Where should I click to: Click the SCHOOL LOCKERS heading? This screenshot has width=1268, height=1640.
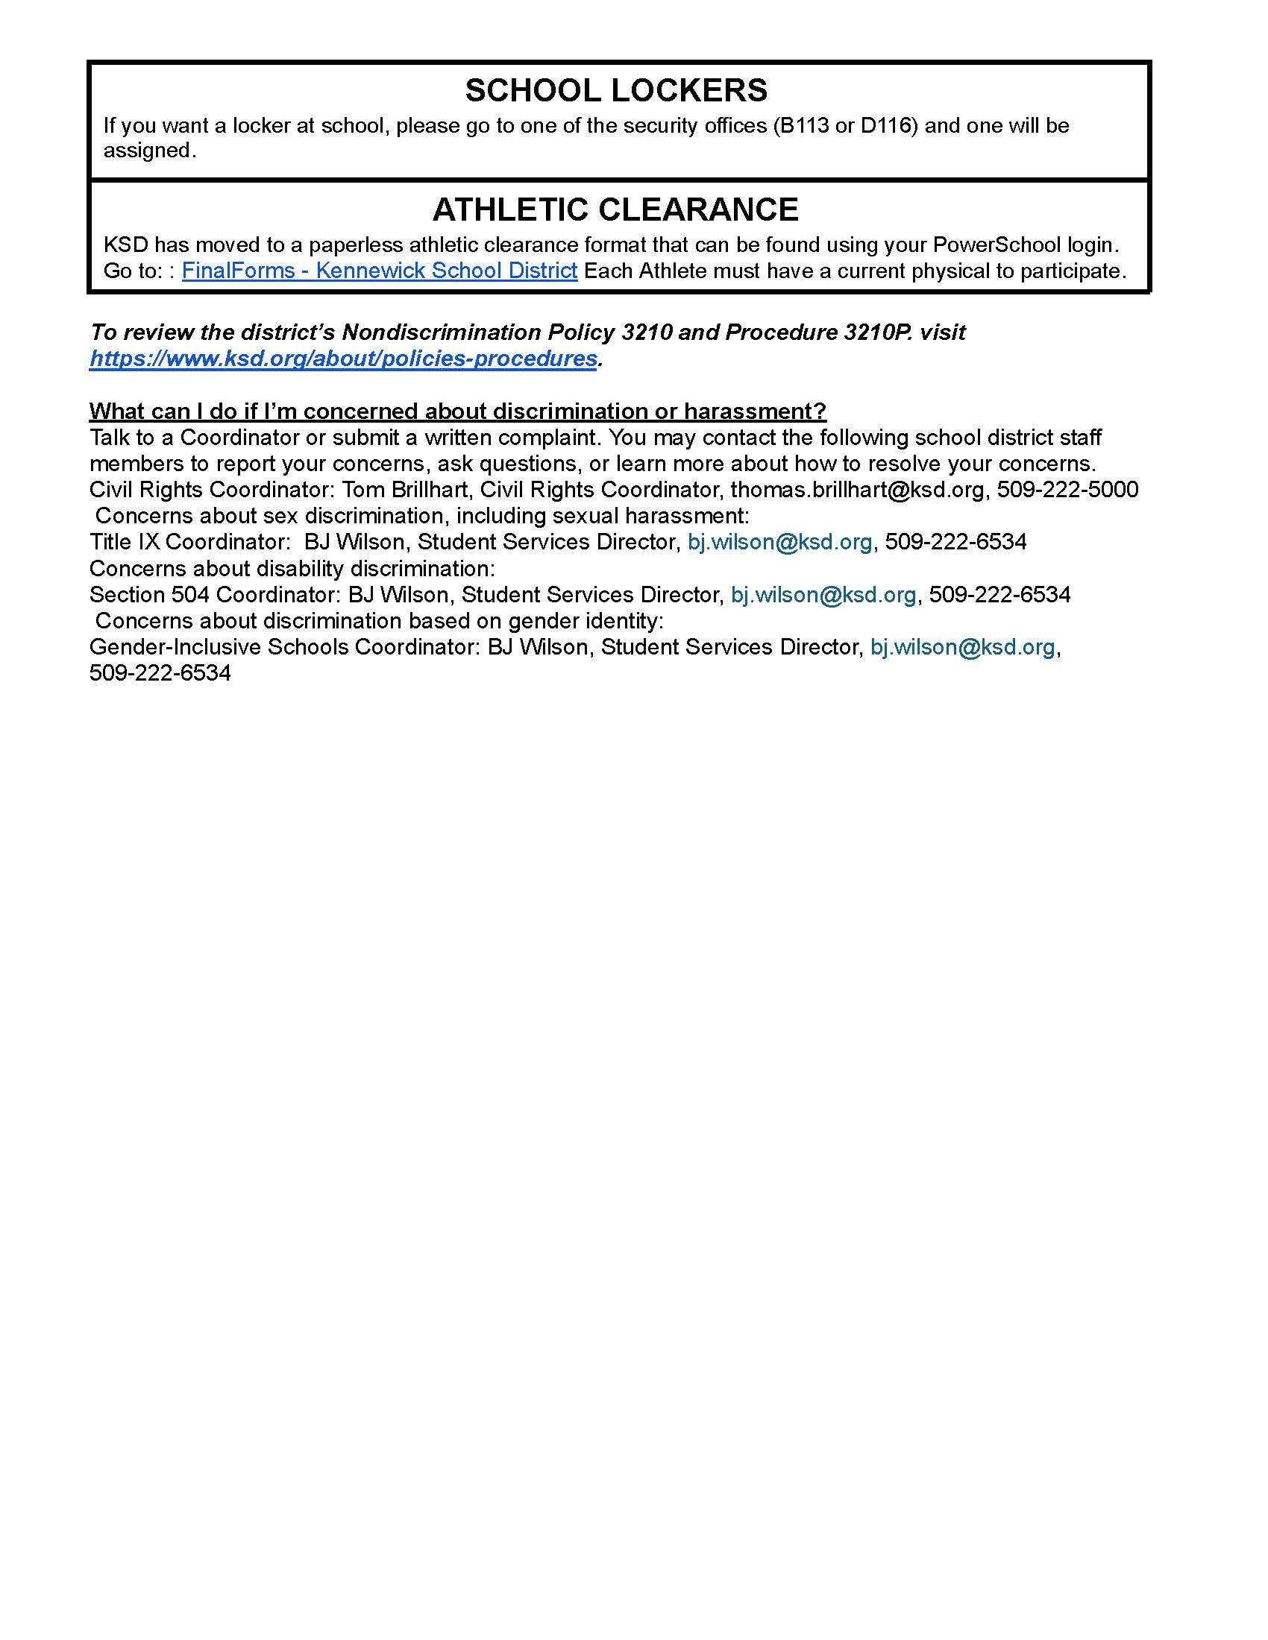616,91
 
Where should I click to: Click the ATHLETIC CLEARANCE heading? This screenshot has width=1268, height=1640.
615,209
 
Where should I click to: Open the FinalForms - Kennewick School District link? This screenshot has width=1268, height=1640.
380,271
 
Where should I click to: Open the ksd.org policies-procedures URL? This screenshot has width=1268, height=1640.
343,358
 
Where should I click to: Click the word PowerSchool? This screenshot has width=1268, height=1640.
996,245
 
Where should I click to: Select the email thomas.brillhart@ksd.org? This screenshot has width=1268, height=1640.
857,490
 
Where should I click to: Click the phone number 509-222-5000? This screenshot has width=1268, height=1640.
1067,490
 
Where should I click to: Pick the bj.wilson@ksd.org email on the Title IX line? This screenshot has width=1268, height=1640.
779,542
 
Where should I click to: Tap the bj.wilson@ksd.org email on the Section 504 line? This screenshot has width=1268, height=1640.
823,595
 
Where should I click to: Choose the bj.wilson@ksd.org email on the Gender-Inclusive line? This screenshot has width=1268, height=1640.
962,646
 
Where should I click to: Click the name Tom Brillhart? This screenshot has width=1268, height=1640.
406,490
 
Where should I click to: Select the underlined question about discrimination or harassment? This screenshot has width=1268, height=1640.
457,411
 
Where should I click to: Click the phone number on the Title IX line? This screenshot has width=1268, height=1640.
955,542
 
